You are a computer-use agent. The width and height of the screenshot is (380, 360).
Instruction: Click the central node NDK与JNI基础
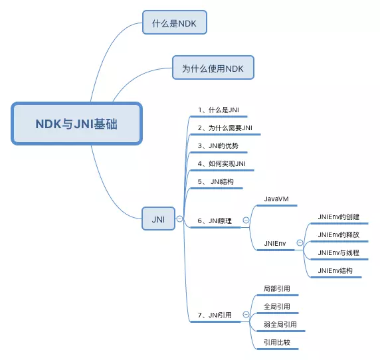[76, 124]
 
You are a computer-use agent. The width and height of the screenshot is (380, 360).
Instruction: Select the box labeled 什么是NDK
[175, 23]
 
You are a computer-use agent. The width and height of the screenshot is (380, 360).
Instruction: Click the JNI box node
[158, 219]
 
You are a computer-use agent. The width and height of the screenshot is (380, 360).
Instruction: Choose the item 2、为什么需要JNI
[225, 128]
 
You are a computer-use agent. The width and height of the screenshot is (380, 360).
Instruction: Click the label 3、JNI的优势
[218, 145]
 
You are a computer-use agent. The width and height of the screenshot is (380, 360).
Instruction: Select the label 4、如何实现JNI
[222, 163]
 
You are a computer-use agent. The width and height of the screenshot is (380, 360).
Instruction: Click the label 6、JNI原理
[215, 221]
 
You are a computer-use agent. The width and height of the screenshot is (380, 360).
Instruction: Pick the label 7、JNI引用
[215, 315]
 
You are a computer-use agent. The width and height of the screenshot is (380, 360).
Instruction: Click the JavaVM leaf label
[276, 199]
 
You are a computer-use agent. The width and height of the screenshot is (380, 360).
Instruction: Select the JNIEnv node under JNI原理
[275, 243]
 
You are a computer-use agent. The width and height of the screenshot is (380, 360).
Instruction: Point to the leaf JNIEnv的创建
[338, 217]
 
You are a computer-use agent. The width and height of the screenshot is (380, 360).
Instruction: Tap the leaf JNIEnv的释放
[338, 234]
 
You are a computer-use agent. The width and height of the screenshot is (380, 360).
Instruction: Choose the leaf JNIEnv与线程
[338, 253]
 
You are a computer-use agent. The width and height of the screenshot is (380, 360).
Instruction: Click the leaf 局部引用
[276, 289]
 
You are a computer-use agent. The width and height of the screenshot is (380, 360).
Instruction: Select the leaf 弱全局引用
[280, 325]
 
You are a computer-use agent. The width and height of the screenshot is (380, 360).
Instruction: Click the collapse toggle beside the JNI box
[179, 219]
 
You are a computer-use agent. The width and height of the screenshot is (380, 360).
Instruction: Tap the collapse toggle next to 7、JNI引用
[246, 315]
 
